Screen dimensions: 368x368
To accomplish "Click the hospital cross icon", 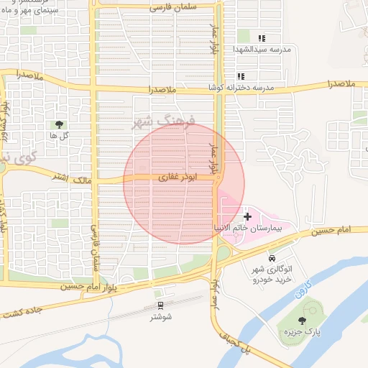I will (x=248, y=216).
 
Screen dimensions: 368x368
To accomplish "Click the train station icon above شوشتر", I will (x=160, y=305).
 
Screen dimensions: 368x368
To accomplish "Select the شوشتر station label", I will (x=160, y=317).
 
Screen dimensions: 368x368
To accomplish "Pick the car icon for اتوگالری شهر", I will (x=271, y=258).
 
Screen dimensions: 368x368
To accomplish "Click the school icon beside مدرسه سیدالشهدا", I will (x=262, y=37).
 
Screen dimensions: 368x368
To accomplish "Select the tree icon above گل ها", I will (x=59, y=125).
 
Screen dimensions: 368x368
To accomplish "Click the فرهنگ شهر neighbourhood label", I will (x=165, y=121).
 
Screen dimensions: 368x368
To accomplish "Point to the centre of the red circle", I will (x=184, y=183).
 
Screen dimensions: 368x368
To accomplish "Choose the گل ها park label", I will (x=59, y=136).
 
